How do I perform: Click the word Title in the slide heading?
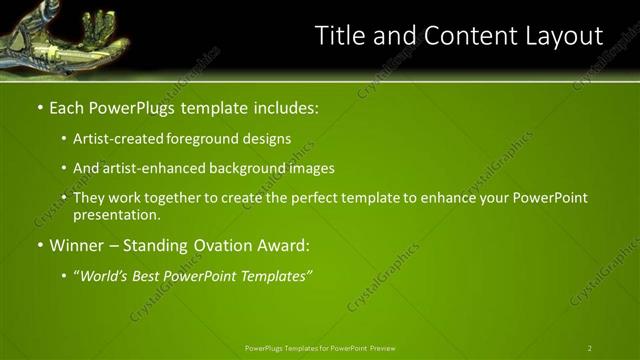(x=340, y=36)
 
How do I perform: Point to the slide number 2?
(x=590, y=348)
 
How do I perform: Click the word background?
(x=245, y=169)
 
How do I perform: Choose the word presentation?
(x=116, y=214)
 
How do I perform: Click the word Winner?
(x=78, y=244)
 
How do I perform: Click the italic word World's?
(x=106, y=275)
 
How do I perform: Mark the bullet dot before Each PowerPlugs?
(x=39, y=107)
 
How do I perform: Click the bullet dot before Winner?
(x=39, y=245)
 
